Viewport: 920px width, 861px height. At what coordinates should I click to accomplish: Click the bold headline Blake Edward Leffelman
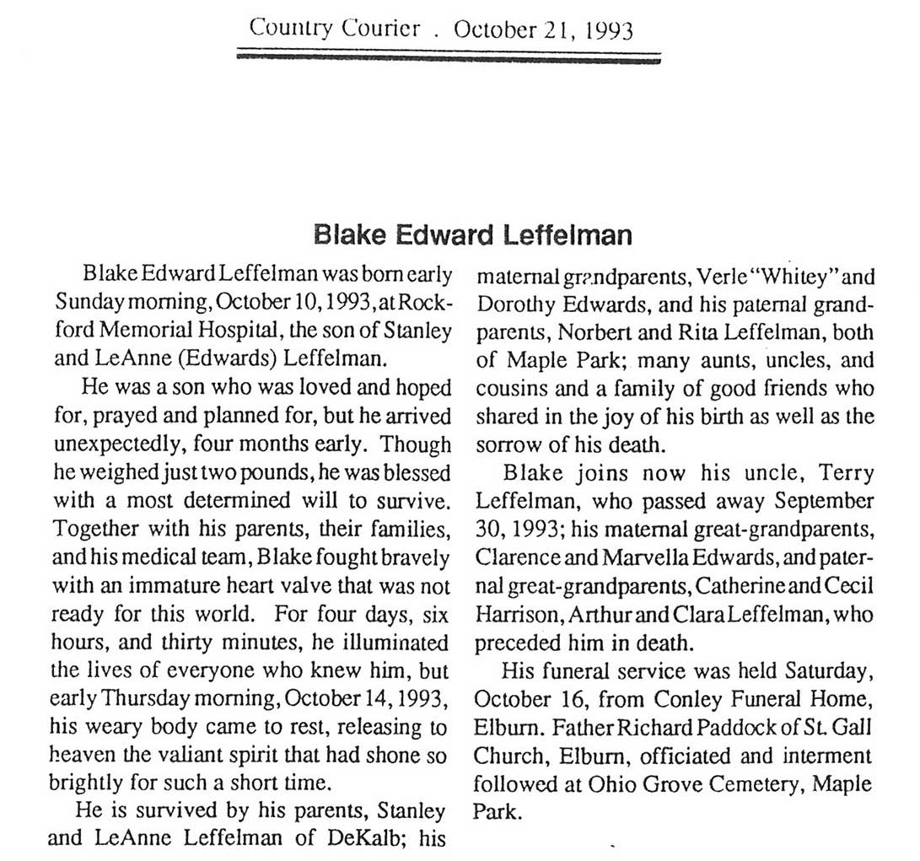[471, 234]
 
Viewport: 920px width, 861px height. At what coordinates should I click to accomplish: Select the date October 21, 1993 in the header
[543, 30]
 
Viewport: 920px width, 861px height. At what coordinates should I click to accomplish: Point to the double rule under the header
[449, 57]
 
